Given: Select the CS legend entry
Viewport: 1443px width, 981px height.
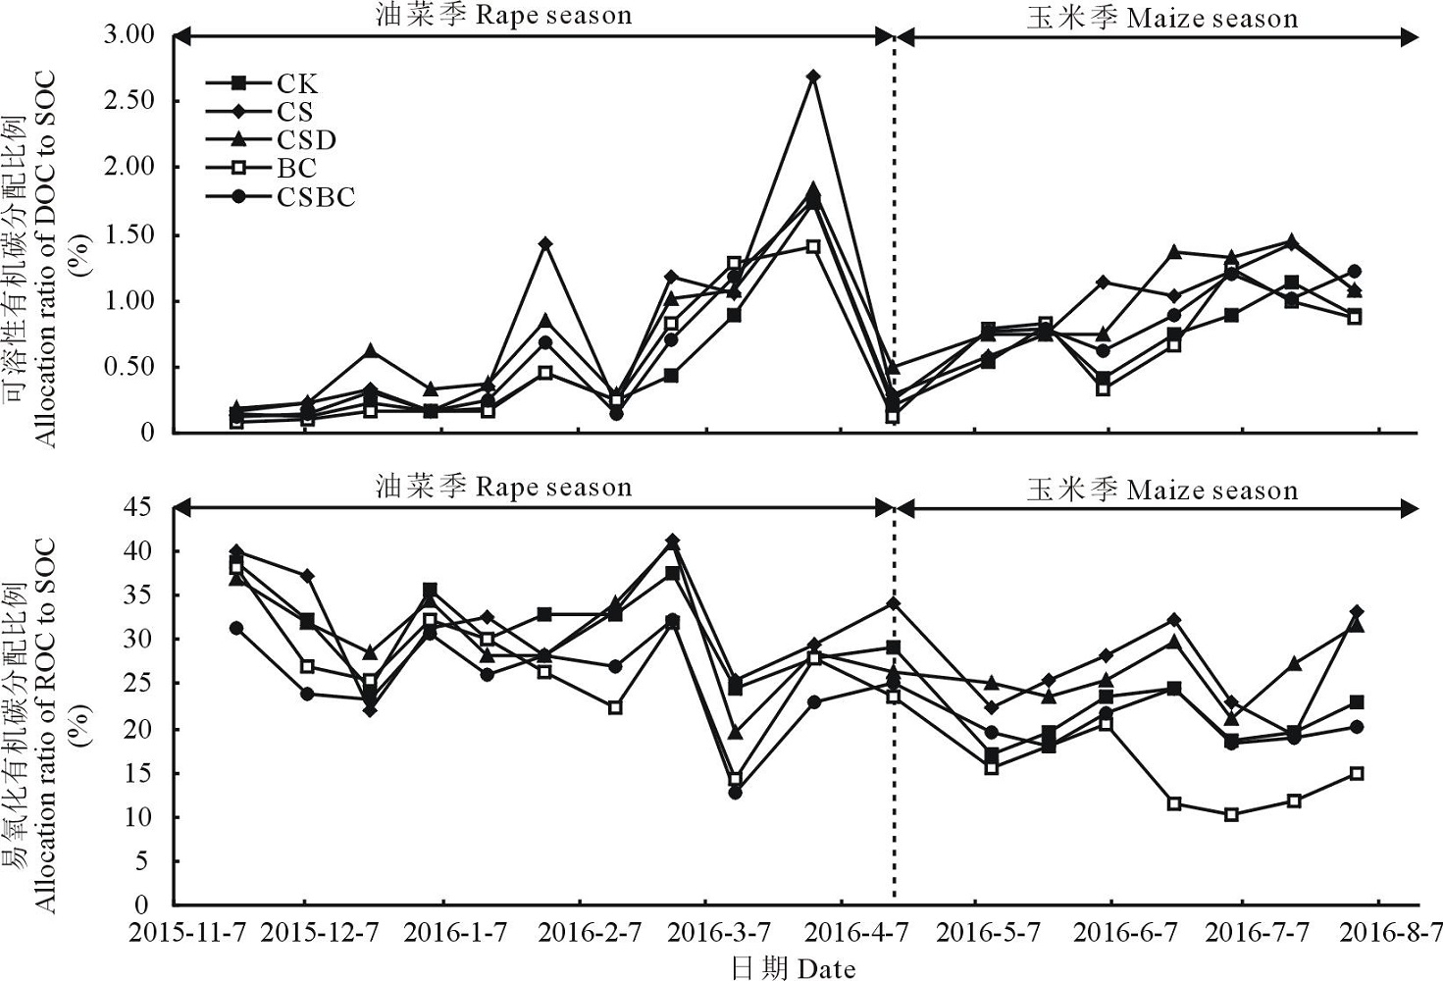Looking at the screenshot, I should [x=294, y=112].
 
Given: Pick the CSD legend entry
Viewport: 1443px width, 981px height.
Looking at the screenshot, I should [x=305, y=140].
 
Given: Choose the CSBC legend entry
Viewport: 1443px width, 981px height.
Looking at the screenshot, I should [x=315, y=197].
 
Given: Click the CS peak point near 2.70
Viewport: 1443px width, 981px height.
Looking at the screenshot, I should [x=812, y=76].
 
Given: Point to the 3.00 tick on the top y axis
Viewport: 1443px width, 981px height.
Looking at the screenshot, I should [x=129, y=35].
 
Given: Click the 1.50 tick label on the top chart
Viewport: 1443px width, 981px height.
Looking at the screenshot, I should [x=129, y=234].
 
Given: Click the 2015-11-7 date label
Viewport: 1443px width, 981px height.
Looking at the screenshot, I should [x=187, y=932].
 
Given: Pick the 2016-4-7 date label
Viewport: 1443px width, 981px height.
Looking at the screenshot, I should [x=853, y=932].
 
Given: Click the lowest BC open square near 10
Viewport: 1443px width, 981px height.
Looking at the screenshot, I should [x=1231, y=814].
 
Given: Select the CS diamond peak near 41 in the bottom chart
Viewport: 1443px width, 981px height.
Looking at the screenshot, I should [x=672, y=541].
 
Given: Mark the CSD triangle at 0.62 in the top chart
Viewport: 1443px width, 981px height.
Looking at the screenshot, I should [x=370, y=350].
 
